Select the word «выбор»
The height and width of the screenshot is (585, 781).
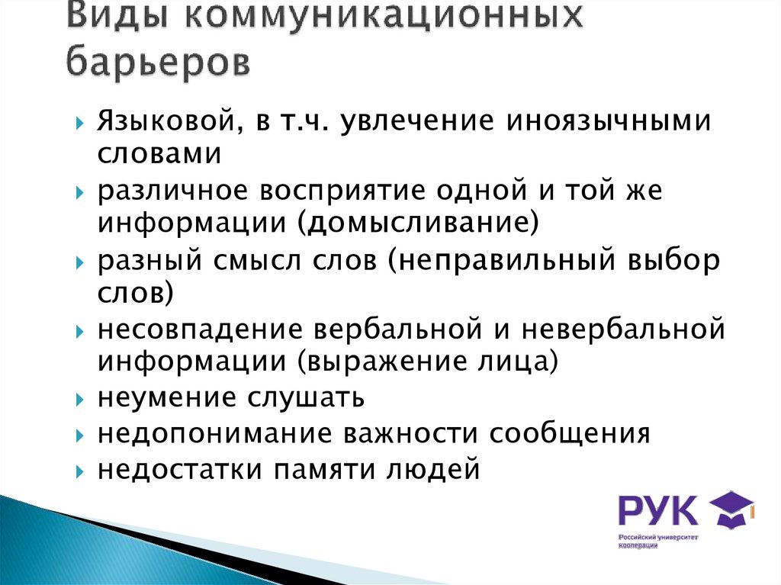coord(673,262)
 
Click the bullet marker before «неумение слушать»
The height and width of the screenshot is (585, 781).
coord(80,399)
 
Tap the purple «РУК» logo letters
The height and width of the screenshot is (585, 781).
coord(657,509)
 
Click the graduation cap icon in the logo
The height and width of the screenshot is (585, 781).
coord(732,507)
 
